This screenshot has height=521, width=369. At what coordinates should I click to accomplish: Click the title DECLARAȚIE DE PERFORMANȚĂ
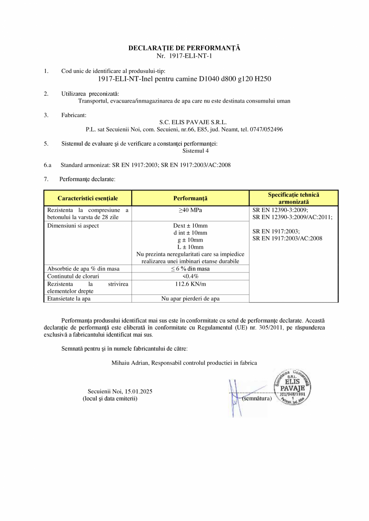184,48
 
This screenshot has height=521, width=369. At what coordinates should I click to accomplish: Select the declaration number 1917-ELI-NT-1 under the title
190,56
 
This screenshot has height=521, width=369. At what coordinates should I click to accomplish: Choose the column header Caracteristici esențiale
87,198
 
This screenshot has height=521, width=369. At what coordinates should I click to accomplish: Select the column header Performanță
190,198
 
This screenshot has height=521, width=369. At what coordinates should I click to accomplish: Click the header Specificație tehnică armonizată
294,198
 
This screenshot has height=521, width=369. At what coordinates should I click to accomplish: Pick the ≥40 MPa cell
190,210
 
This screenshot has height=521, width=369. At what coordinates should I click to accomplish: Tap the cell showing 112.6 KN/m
190,284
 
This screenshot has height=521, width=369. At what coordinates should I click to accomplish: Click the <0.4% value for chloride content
190,276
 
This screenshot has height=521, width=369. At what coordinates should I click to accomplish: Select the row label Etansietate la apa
69,299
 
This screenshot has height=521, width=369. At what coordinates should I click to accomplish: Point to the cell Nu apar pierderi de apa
190,299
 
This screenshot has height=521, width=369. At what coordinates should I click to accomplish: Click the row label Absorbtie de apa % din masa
83,269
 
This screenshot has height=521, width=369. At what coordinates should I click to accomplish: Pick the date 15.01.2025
138,392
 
